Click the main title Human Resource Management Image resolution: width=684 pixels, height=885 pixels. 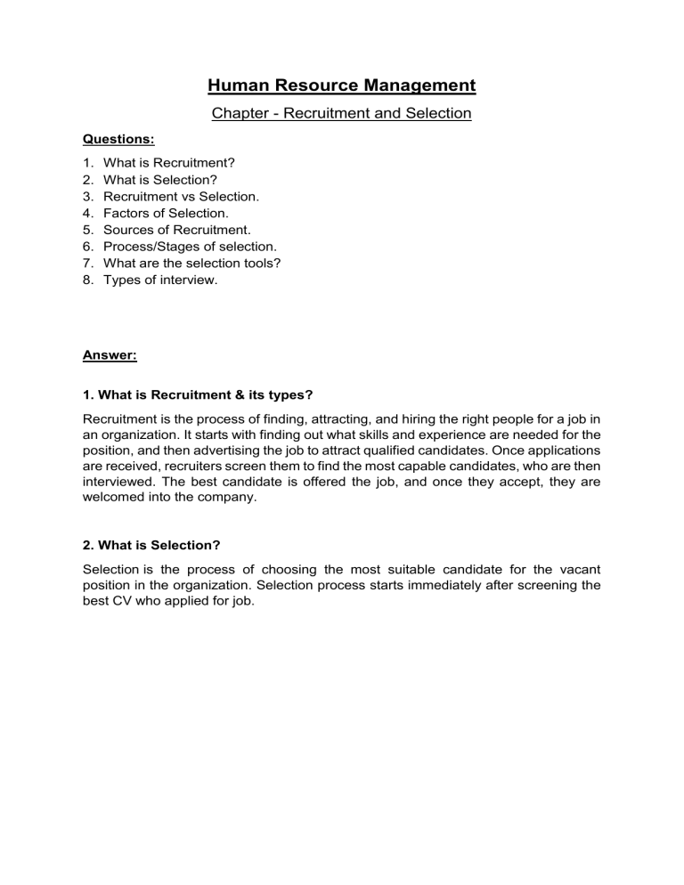(x=342, y=85)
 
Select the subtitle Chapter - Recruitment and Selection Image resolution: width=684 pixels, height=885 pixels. (x=342, y=114)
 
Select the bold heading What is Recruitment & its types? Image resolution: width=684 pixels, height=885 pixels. (x=197, y=394)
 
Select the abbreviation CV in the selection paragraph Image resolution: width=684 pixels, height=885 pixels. (x=123, y=601)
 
